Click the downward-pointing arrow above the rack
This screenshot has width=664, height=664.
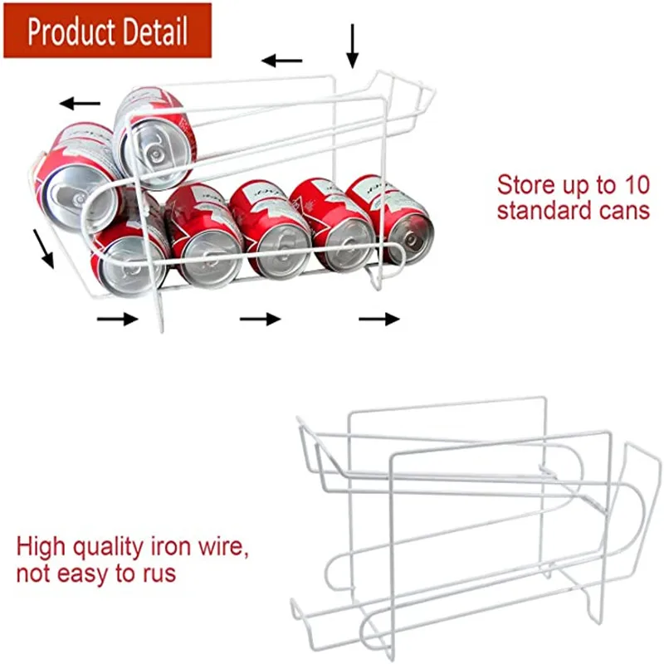pos(353,46)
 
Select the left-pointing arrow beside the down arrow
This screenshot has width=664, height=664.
pos(282,61)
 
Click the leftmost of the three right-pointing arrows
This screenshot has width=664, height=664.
pos(117,320)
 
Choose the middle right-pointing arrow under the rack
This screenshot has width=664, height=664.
pos(261,319)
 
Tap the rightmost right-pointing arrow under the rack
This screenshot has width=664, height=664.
pos(379,319)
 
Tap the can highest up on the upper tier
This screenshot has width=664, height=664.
pos(158,129)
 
